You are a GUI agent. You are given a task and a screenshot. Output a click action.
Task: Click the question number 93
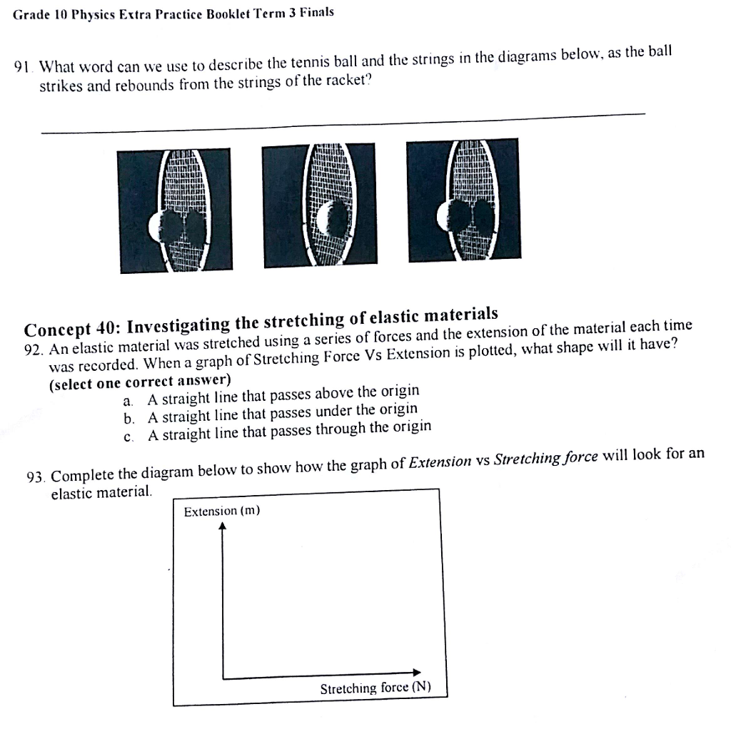point(35,476)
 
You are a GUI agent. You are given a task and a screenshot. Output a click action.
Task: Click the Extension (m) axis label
point(222,511)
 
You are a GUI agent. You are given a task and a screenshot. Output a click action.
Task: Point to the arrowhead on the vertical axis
point(223,526)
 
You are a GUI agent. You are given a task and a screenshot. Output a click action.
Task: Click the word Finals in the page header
point(316,13)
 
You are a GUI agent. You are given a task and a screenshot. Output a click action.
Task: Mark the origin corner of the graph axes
point(223,678)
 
